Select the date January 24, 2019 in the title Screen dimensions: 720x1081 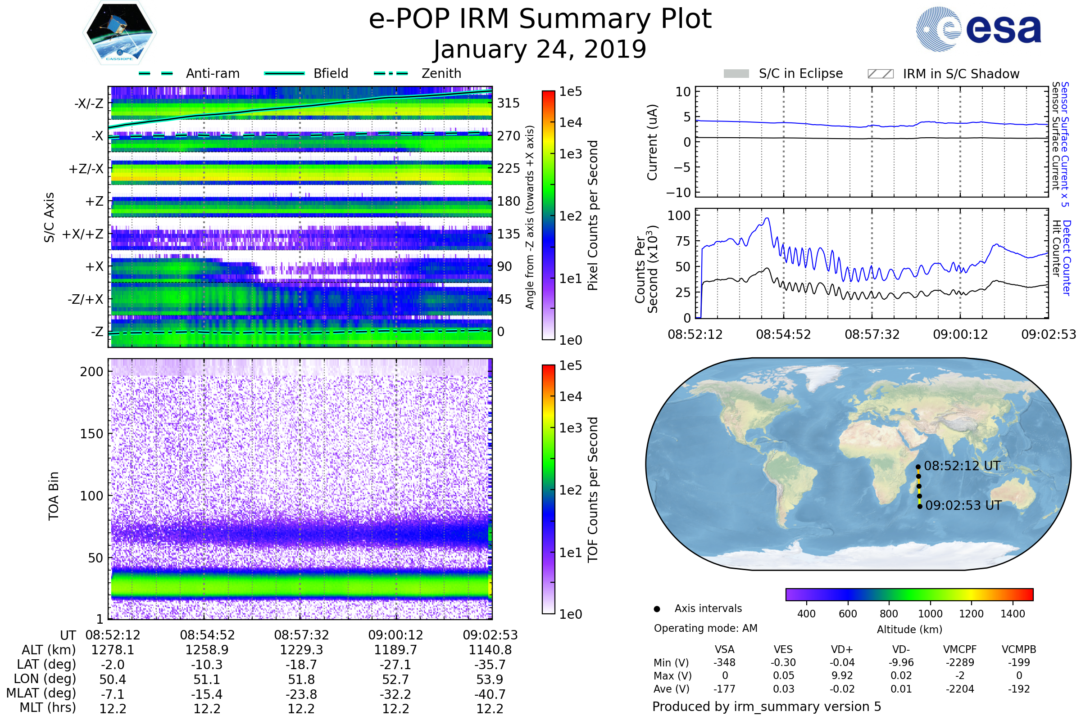[x=540, y=49]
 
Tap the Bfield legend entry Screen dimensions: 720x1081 [x=331, y=73]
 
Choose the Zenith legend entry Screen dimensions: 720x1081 [x=441, y=73]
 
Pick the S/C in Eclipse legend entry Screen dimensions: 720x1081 [x=800, y=73]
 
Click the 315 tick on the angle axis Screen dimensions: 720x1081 [x=509, y=103]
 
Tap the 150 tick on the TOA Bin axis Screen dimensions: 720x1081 [x=91, y=434]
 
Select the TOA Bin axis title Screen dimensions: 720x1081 [x=53, y=496]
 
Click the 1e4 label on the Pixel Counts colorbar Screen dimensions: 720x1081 [x=570, y=122]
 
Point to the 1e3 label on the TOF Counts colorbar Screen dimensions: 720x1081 [x=570, y=428]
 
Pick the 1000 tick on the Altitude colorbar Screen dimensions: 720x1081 [x=930, y=614]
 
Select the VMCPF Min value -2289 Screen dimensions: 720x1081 [x=960, y=662]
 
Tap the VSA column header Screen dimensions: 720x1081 [x=724, y=649]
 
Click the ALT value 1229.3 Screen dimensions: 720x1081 [x=301, y=650]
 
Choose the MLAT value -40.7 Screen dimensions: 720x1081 [x=490, y=694]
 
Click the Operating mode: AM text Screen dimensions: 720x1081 [x=705, y=628]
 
